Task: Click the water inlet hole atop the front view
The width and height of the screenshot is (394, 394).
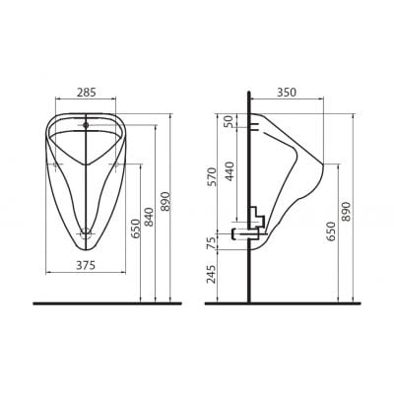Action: click(x=87, y=125)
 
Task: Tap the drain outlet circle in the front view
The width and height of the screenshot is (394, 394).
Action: click(x=88, y=234)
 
